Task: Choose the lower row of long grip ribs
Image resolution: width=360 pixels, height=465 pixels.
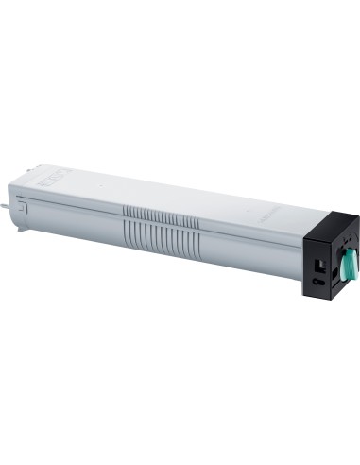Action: (161, 231)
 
